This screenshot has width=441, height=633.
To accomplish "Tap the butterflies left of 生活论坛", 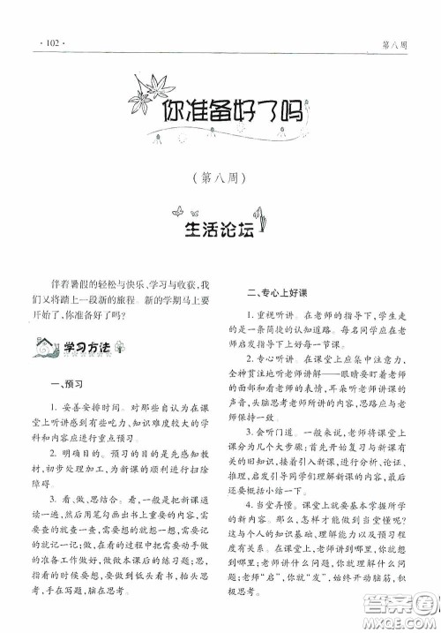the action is click(180, 213).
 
